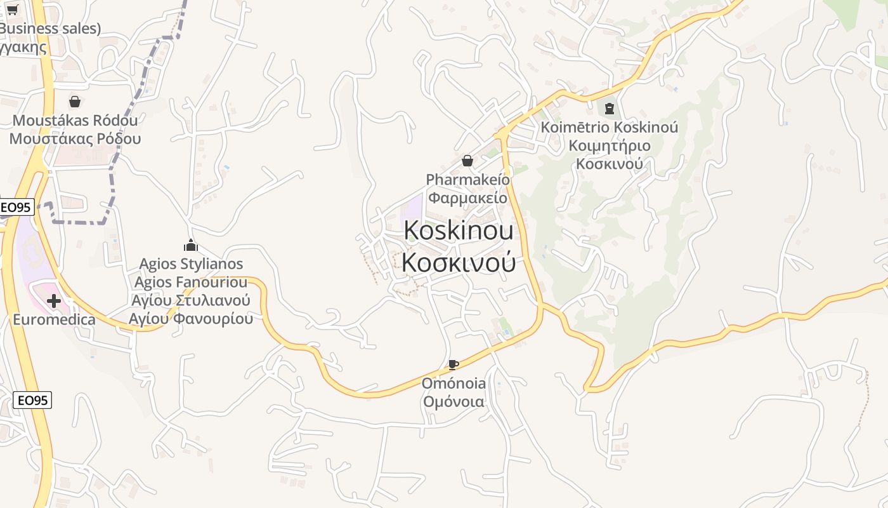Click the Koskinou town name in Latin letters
[x=458, y=230]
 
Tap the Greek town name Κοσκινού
[x=458, y=262]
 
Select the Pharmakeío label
[x=467, y=179]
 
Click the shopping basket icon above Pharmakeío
[x=467, y=161]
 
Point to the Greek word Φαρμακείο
[x=467, y=197]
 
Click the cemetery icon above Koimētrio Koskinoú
[x=609, y=109]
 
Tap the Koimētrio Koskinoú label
[x=609, y=127]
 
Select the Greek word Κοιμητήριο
[x=609, y=145]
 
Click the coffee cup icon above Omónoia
[x=453, y=364]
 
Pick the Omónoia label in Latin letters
[x=454, y=383]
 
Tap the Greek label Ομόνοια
[x=454, y=401]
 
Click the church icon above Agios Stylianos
[x=191, y=245]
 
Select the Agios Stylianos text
[x=191, y=264]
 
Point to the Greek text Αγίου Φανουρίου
[x=191, y=318]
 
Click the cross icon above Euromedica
[x=54, y=301]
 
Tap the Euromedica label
[x=54, y=319]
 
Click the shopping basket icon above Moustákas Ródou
[x=75, y=102]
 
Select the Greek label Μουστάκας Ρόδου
[x=75, y=138]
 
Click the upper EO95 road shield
[x=16, y=207]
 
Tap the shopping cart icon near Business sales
[x=12, y=10]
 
